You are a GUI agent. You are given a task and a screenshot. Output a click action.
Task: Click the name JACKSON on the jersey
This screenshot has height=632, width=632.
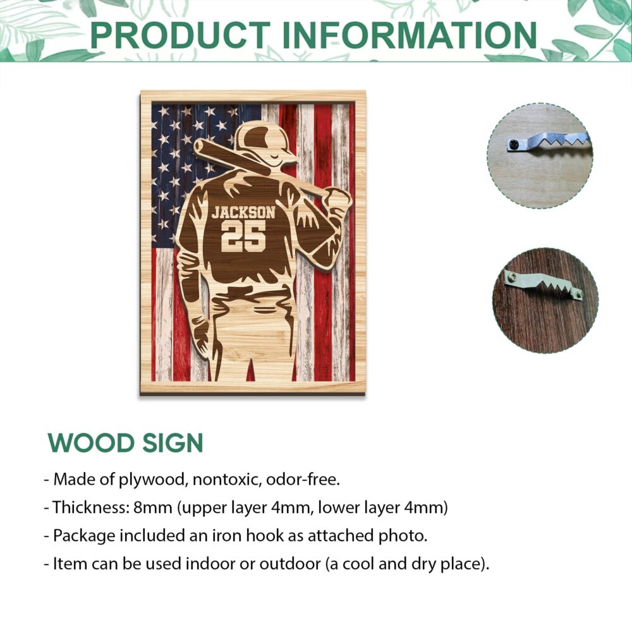pyautogui.click(x=243, y=212)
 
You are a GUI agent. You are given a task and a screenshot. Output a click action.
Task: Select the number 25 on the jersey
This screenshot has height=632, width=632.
pyautogui.click(x=243, y=236)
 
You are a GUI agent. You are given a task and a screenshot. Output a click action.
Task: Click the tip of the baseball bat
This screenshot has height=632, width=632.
pyautogui.click(x=198, y=145)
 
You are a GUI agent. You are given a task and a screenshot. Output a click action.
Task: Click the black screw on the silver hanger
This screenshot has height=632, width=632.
pyautogui.click(x=513, y=143)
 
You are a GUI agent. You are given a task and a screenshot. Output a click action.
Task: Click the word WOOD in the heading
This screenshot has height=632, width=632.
pyautogui.click(x=91, y=443)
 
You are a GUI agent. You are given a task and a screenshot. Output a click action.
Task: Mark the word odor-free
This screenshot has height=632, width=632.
pyautogui.click(x=303, y=480)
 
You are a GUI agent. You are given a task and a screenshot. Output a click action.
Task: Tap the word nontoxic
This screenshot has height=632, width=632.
pyautogui.click(x=226, y=480)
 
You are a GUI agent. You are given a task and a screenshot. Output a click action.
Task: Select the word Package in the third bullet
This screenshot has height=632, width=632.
pyautogui.click(x=84, y=536)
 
